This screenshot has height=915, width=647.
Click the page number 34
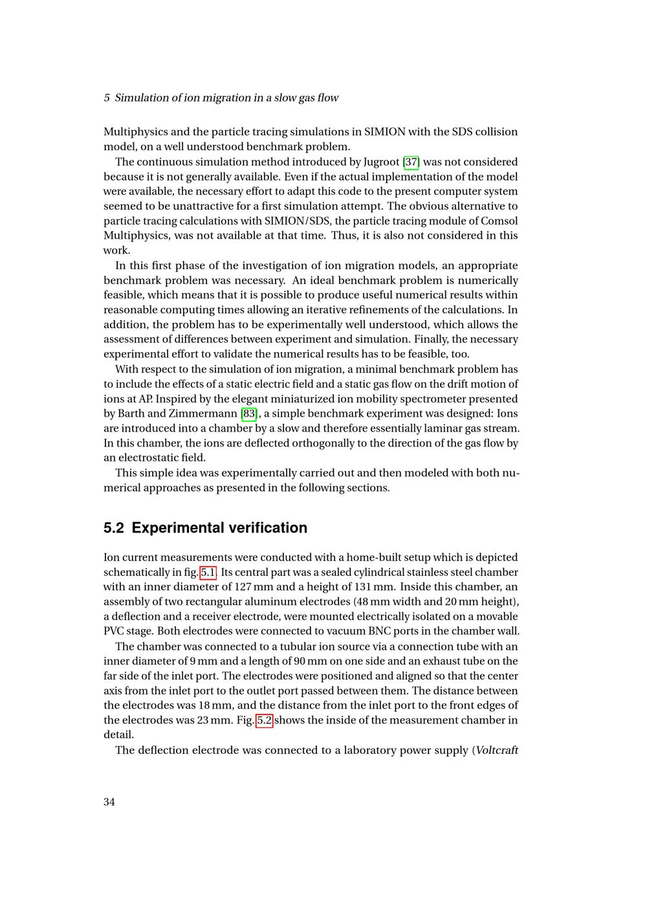(109, 802)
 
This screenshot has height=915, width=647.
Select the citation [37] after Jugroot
(411, 162)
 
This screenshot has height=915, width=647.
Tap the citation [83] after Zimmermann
(249, 413)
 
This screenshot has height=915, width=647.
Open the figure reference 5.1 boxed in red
(208, 572)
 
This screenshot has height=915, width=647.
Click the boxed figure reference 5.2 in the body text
(265, 720)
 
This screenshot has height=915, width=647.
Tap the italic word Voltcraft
(497, 750)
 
